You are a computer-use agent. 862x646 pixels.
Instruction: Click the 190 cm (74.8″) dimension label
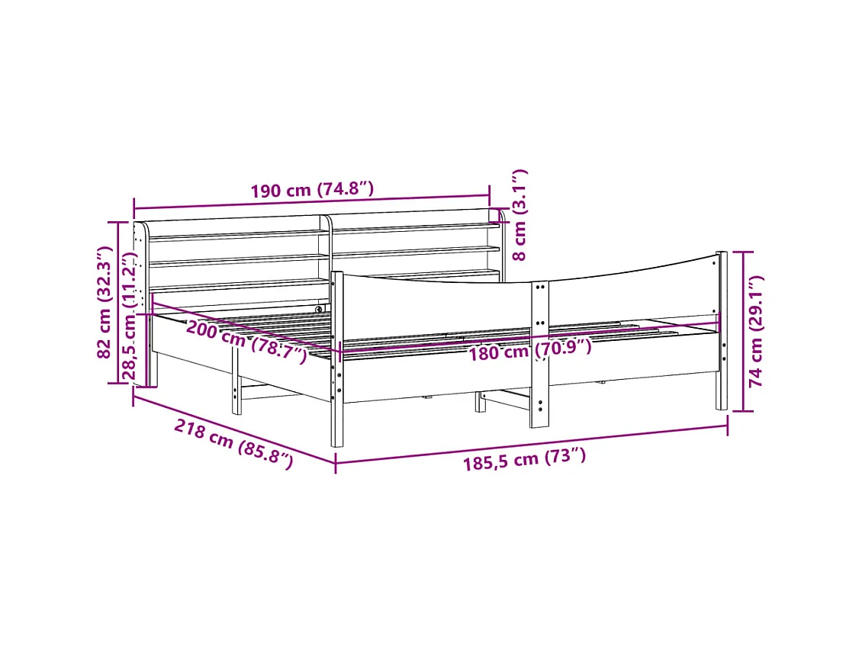pyautogui.click(x=312, y=190)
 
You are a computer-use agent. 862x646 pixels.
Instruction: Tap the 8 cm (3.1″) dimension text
pyautogui.click(x=519, y=214)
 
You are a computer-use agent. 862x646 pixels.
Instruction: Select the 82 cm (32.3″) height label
pyautogui.click(x=105, y=302)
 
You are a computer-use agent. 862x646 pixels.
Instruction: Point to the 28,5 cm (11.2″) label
pyautogui.click(x=129, y=316)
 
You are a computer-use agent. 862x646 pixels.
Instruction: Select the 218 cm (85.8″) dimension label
pyautogui.click(x=233, y=443)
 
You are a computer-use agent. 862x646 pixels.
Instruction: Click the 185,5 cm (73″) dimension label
pyautogui.click(x=524, y=460)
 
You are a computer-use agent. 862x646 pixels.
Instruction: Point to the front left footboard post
pyautogui.click(x=336, y=358)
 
